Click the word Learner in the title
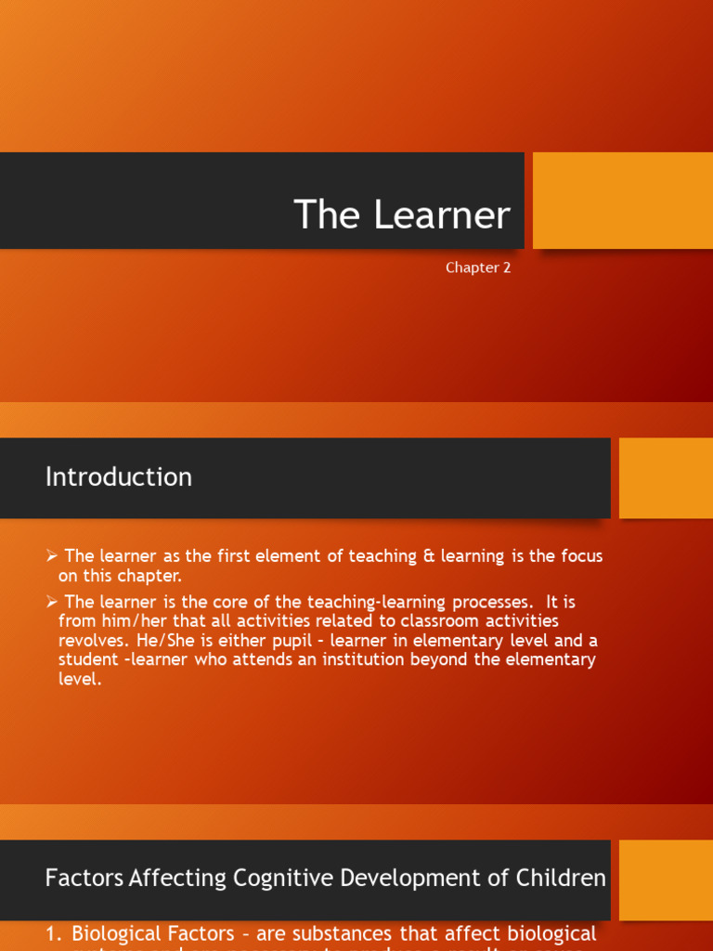click(442, 215)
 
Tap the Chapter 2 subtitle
click(478, 267)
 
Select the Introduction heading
click(119, 477)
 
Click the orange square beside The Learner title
click(622, 201)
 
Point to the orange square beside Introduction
click(666, 477)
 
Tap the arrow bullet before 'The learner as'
click(52, 556)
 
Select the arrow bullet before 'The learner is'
click(52, 603)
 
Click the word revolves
click(91, 641)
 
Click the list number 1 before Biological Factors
click(52, 933)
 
